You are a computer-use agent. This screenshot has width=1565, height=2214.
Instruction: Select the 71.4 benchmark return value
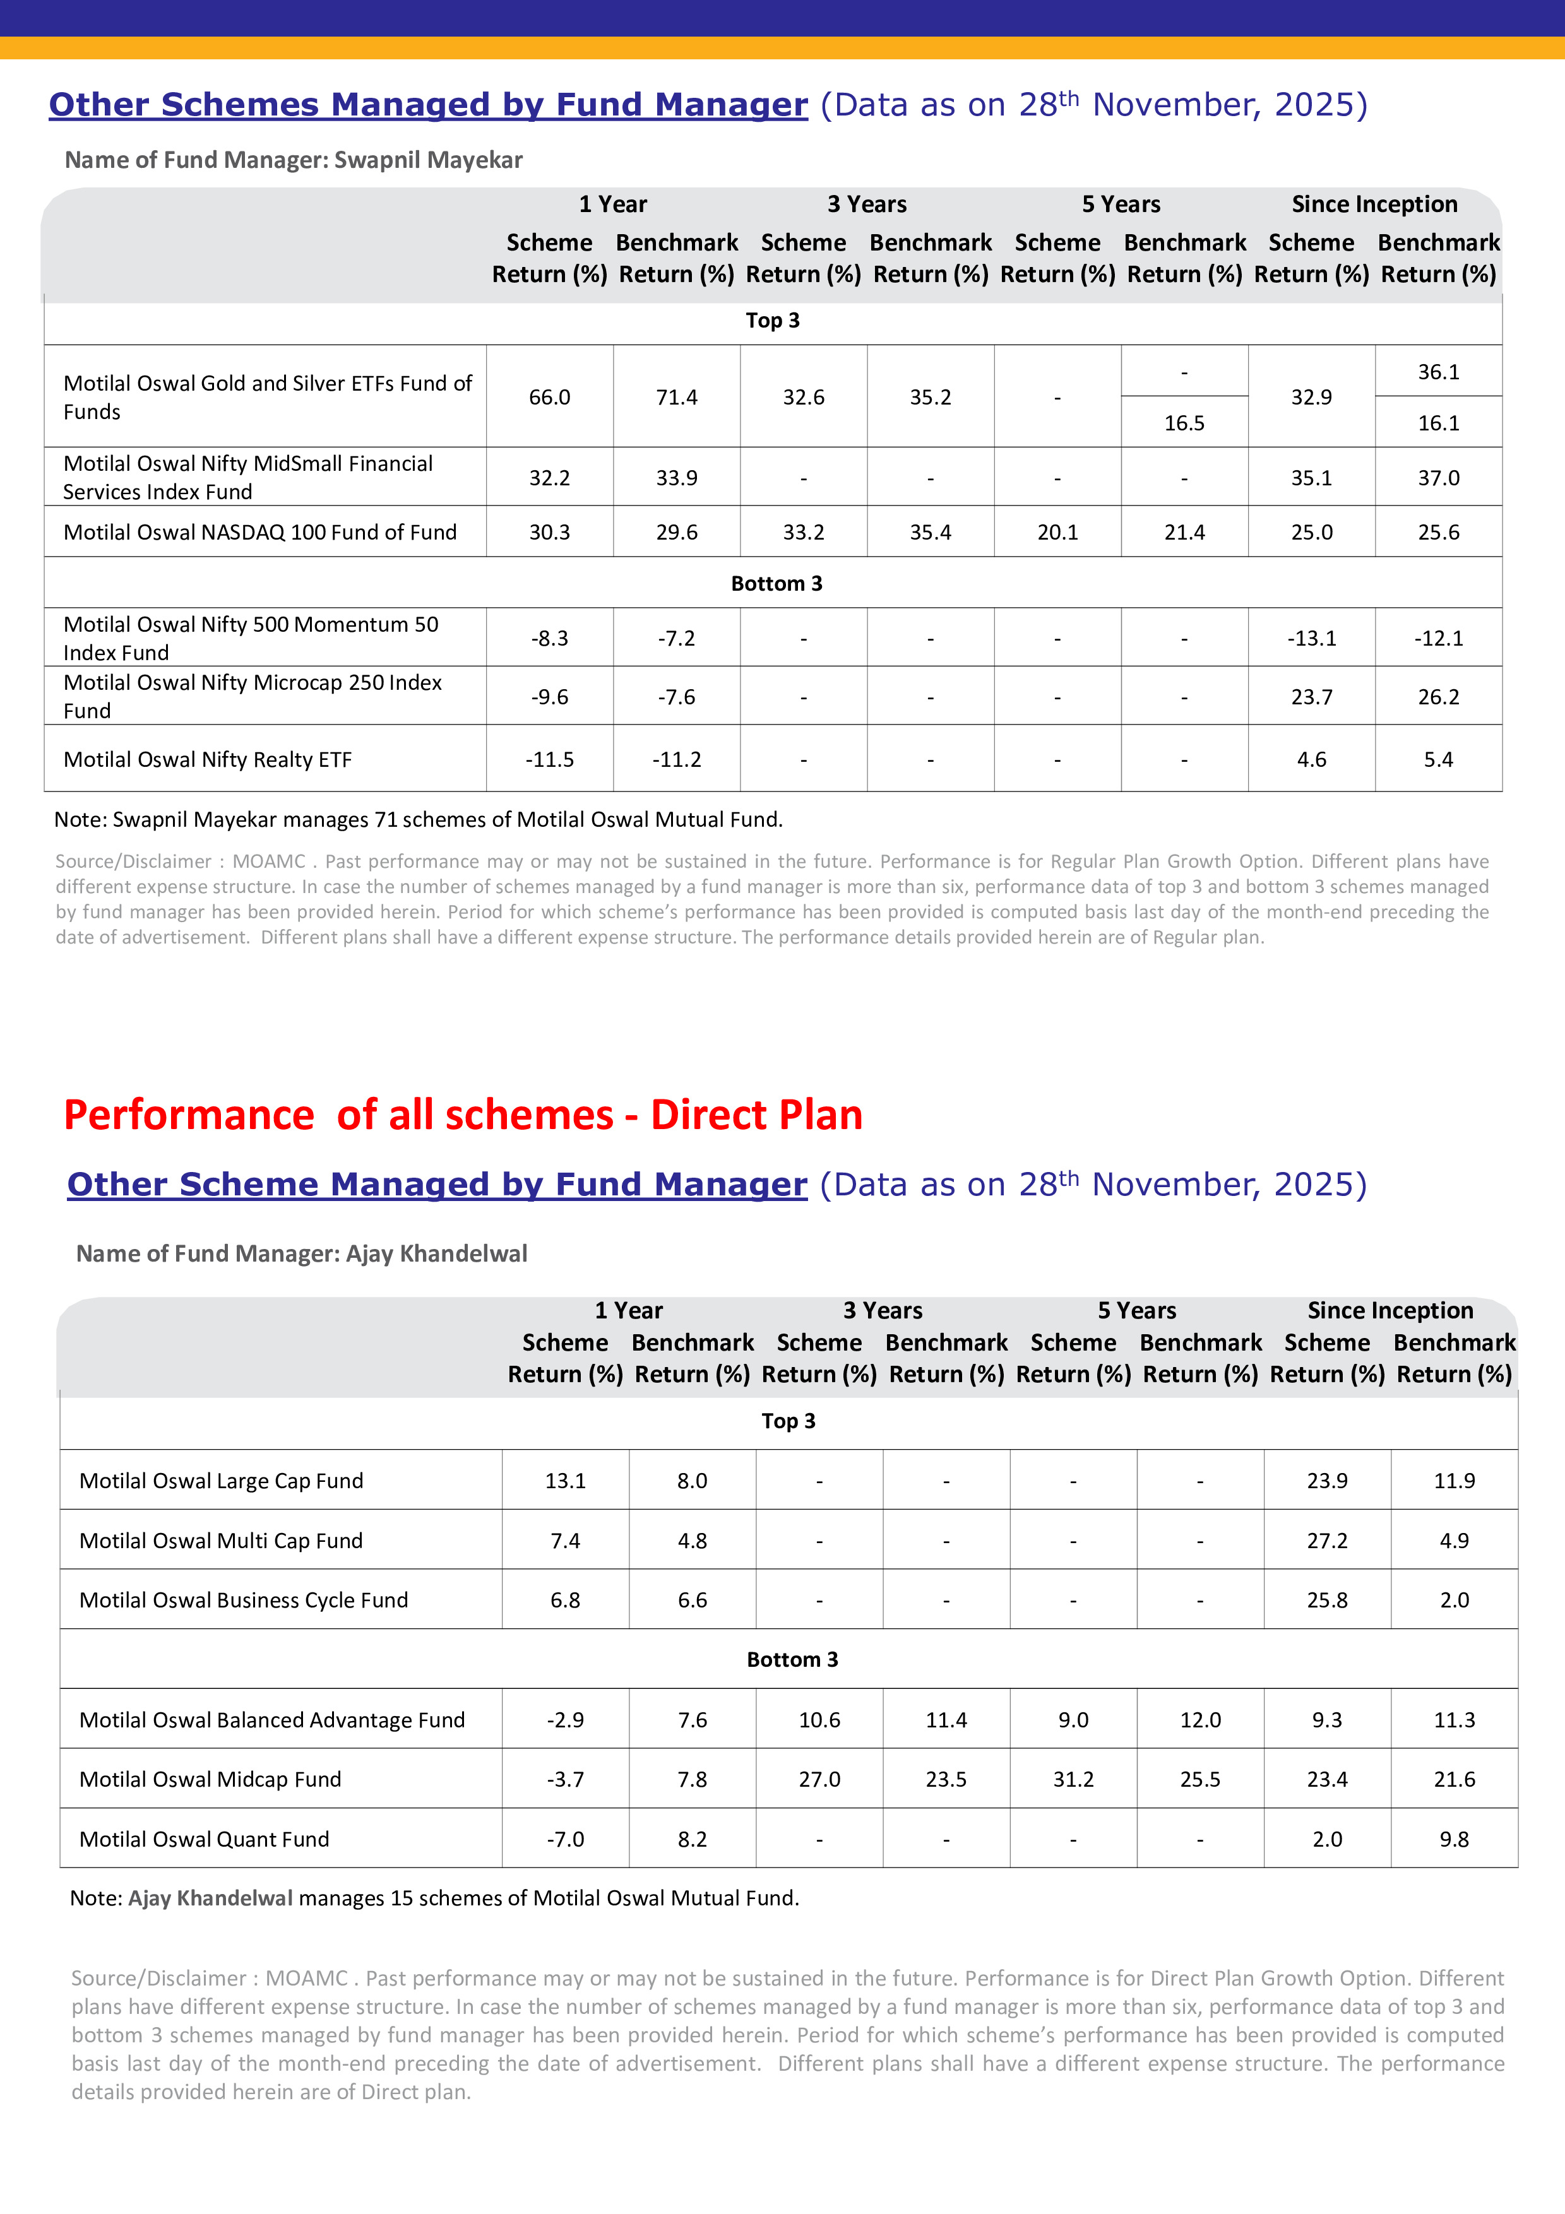pyautogui.click(x=676, y=397)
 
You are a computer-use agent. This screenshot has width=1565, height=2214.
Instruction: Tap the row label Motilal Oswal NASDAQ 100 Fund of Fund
pyautogui.click(x=260, y=532)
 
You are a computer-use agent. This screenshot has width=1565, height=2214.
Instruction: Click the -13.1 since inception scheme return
pyautogui.click(x=1311, y=638)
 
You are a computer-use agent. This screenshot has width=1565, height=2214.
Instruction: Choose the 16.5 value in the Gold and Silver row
pyautogui.click(x=1184, y=423)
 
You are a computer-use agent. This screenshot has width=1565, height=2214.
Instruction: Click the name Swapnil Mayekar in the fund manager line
pyautogui.click(x=428, y=160)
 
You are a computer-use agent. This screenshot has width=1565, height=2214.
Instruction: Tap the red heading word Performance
pyautogui.click(x=189, y=1116)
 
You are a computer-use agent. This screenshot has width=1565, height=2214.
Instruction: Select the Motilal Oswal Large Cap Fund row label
pyautogui.click(x=221, y=1481)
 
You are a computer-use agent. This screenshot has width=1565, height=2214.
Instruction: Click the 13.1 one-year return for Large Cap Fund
pyautogui.click(x=565, y=1481)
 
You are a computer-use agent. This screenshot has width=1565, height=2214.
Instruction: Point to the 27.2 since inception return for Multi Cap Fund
pyautogui.click(x=1327, y=1541)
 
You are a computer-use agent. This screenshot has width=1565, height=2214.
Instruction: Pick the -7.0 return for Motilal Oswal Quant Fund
pyautogui.click(x=565, y=1839)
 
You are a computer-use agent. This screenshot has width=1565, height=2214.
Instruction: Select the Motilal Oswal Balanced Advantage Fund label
pyautogui.click(x=272, y=1720)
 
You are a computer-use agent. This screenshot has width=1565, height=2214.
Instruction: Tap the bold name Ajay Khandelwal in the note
pyautogui.click(x=210, y=1898)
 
